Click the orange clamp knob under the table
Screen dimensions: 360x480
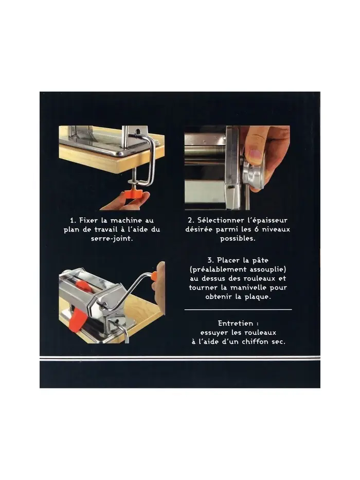click(132, 194)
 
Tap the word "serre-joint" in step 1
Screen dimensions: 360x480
click(112, 239)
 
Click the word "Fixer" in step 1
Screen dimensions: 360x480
click(88, 220)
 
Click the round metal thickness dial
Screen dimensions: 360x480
click(253, 176)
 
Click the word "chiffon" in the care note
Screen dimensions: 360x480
click(255, 342)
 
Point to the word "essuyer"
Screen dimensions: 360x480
click(214, 332)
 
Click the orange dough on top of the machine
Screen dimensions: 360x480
click(83, 286)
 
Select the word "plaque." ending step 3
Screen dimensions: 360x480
click(258, 297)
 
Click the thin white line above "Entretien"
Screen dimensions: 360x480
click(238, 310)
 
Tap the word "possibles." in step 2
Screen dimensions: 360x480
click(238, 239)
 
